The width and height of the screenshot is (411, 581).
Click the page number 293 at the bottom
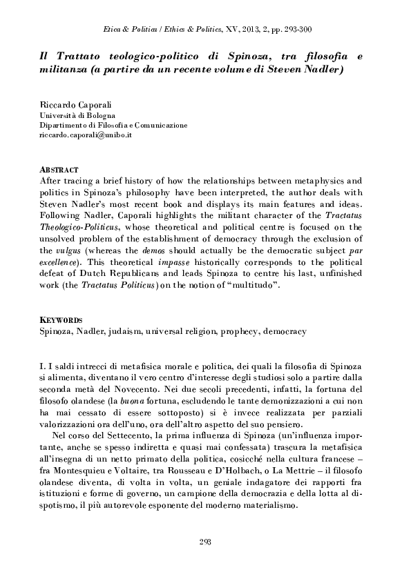(204, 540)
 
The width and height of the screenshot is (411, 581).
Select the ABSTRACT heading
(59, 169)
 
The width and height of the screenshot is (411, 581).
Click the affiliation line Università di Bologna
(77, 115)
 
